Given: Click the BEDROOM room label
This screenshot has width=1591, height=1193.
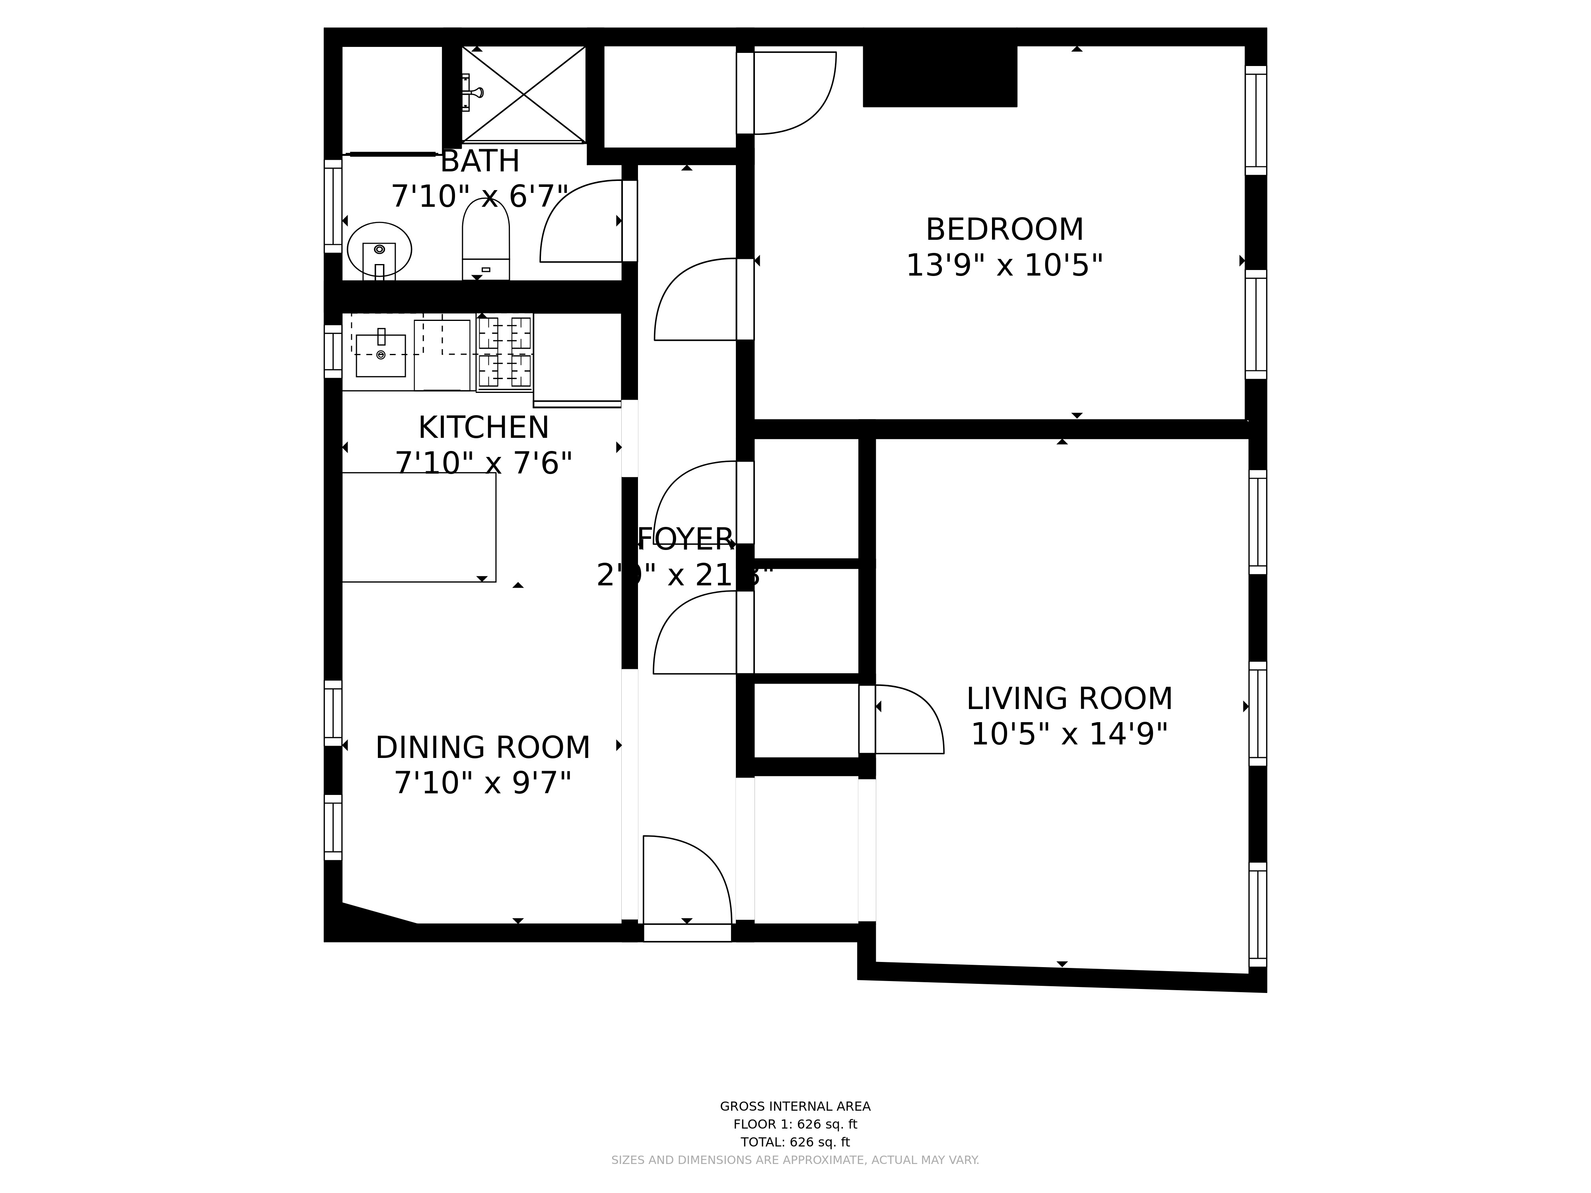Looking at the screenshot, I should click(1004, 230).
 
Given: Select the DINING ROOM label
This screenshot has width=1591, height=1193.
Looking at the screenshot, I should click(482, 748).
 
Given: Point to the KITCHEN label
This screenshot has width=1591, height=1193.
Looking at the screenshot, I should click(483, 428).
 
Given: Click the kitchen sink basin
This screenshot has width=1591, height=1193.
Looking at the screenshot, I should click(381, 355).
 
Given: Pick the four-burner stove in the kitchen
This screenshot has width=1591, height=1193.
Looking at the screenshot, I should click(505, 352).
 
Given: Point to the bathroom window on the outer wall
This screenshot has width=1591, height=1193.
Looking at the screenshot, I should click(332, 206).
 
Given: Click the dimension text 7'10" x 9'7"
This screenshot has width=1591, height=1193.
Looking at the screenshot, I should click(482, 783).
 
